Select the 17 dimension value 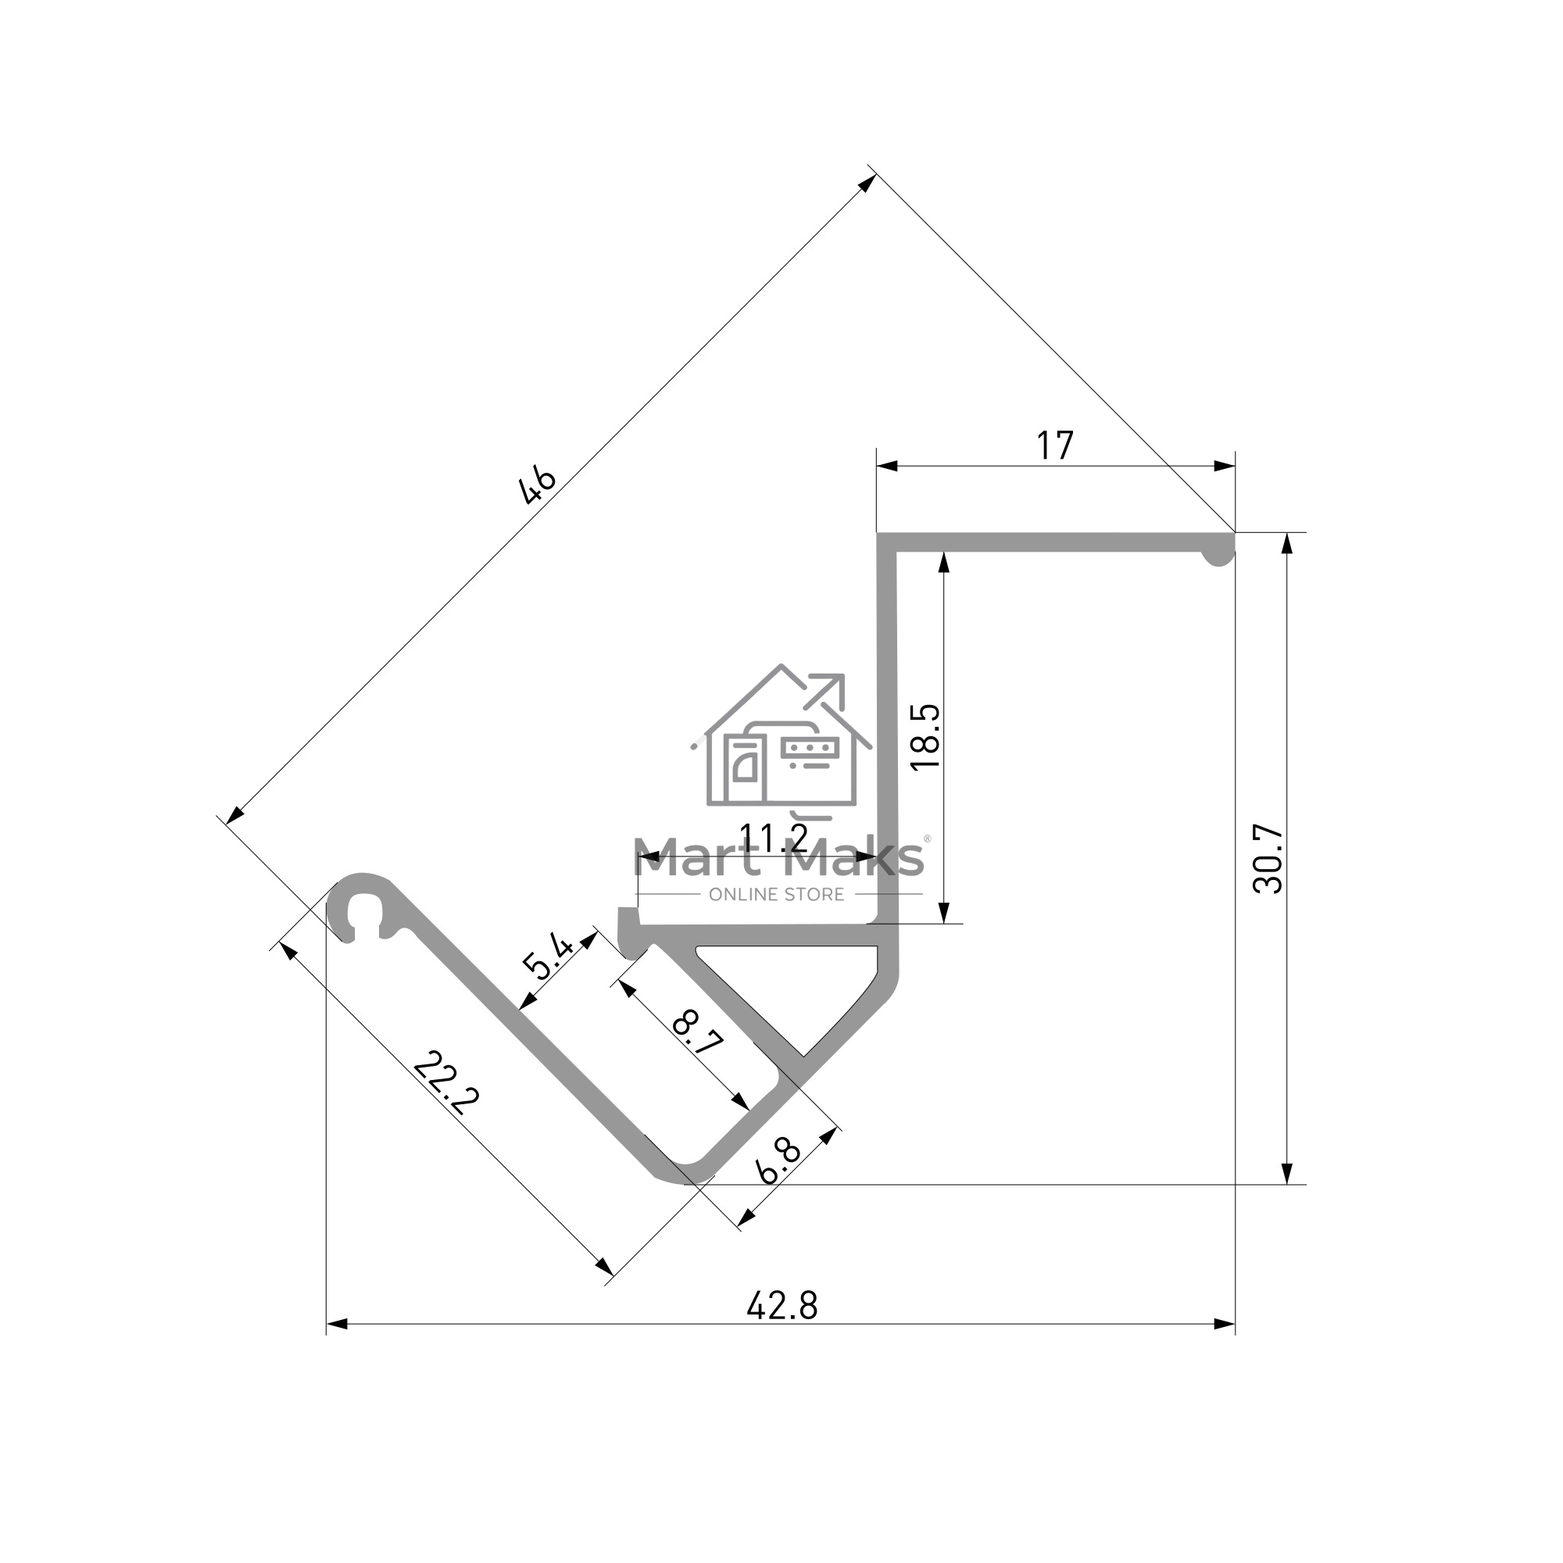pos(1055,445)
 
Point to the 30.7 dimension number pos(1268,858)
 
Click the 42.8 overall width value pos(782,1306)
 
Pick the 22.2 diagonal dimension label pos(445,1083)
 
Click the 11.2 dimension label pos(774,838)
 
